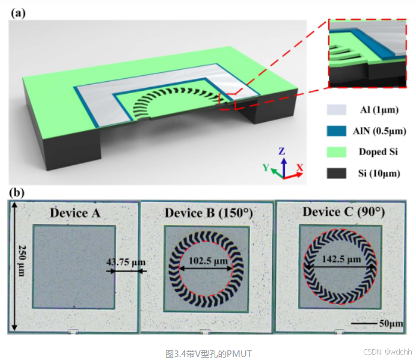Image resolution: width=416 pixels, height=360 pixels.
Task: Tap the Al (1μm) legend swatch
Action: (335, 110)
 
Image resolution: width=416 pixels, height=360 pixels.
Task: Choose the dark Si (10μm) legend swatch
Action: (335, 173)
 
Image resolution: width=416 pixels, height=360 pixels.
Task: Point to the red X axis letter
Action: (299, 166)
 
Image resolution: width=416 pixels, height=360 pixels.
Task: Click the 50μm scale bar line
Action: (362, 324)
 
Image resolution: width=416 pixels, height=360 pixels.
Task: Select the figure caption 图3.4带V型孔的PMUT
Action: (207, 353)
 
